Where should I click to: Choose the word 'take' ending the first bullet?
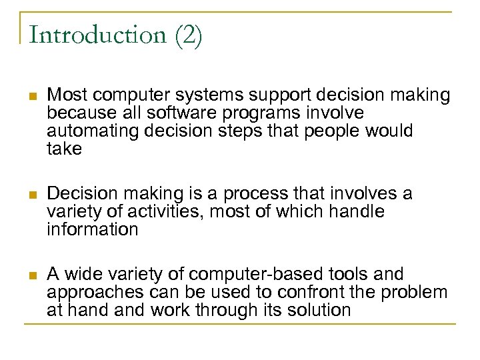pos(64,149)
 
